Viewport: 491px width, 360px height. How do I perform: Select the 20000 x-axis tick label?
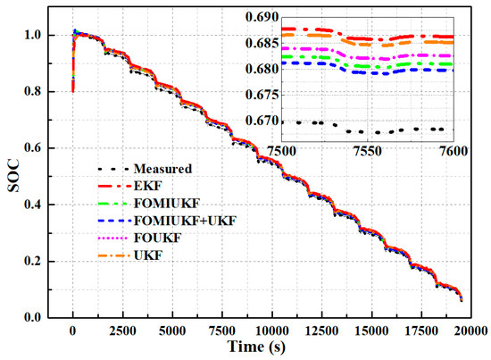(467, 329)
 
